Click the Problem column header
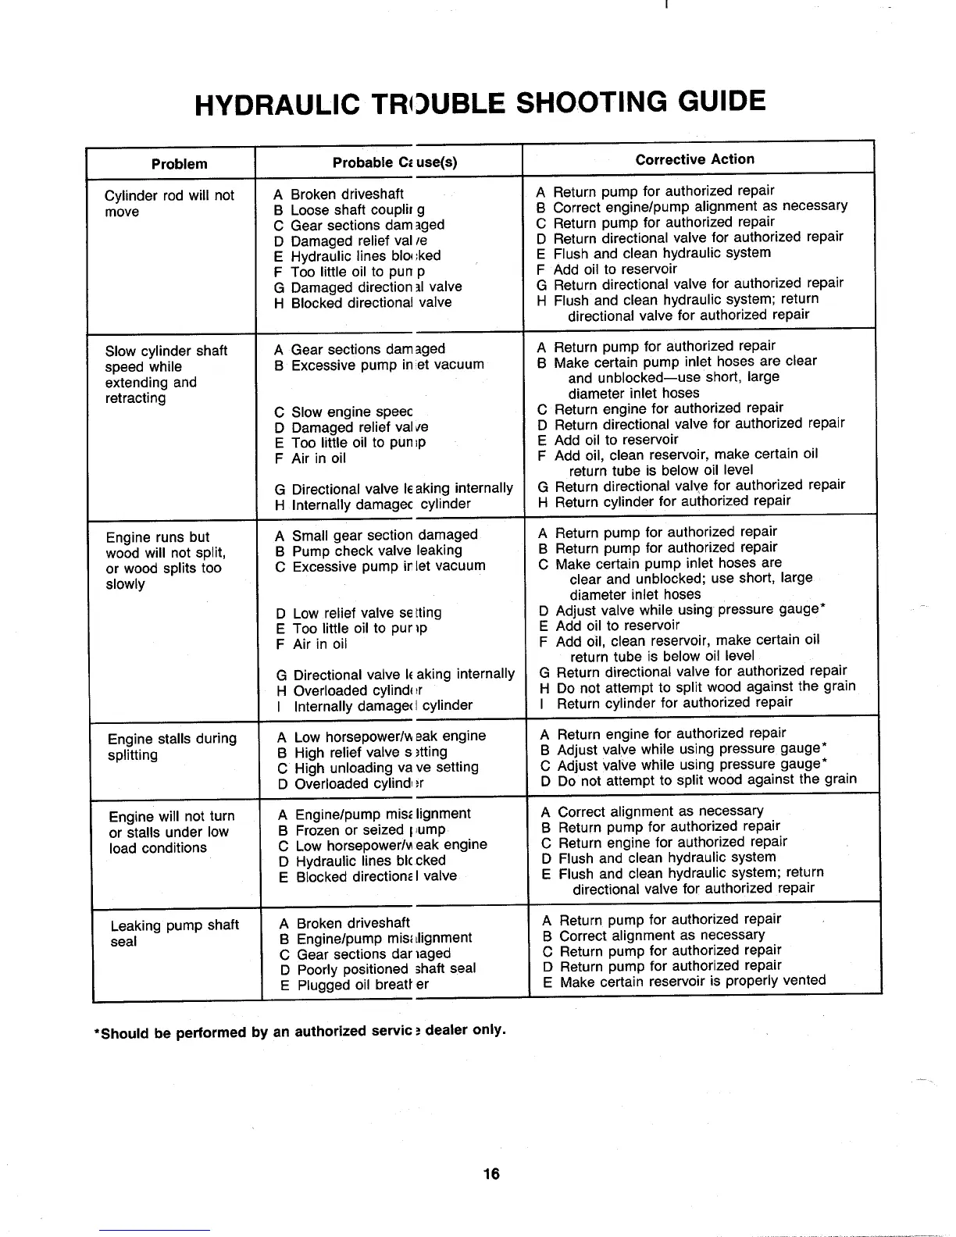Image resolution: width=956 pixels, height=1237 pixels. point(179,164)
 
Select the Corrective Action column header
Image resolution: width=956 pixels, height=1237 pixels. point(694,159)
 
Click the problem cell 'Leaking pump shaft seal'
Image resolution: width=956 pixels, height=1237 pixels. point(173,933)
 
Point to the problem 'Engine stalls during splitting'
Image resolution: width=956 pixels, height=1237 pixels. point(172,747)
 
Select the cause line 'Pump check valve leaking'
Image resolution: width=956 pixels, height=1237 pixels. point(376,551)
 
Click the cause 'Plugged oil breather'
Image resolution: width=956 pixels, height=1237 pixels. point(362,985)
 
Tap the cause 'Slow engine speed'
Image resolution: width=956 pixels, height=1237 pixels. point(351,412)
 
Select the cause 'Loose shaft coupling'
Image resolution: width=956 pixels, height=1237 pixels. point(357,210)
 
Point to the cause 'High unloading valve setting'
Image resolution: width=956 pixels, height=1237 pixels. point(386,768)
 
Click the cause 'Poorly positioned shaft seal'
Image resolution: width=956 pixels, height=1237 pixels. point(386,969)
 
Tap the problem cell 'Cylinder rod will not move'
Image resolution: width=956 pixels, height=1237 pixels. point(169,203)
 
